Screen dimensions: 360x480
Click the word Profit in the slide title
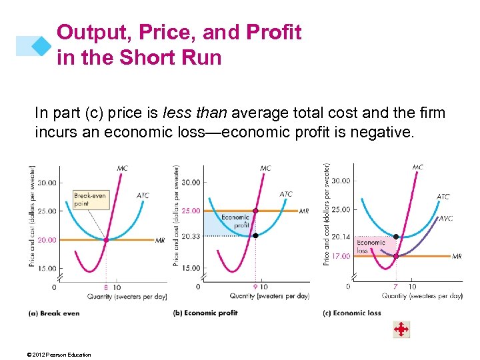coord(270,32)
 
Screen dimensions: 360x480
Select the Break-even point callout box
coord(89,199)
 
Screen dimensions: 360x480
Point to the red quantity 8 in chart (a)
coord(105,287)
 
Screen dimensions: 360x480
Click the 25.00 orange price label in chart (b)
coord(191,211)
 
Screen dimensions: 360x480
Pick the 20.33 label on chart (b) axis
coord(191,235)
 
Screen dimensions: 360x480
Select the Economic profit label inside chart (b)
coord(235,221)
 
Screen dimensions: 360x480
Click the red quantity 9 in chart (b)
coord(255,287)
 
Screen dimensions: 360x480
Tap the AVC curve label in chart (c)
coord(445,218)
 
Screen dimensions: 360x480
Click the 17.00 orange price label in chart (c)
coord(341,256)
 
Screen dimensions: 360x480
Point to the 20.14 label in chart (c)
coord(341,237)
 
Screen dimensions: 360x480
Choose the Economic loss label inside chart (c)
coord(371,247)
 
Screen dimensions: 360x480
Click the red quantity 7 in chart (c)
coord(396,287)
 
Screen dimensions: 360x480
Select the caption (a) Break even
coord(54,313)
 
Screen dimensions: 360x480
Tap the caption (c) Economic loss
coord(351,313)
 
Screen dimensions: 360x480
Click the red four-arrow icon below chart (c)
coord(401,329)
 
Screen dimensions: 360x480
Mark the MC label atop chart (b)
coord(265,169)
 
